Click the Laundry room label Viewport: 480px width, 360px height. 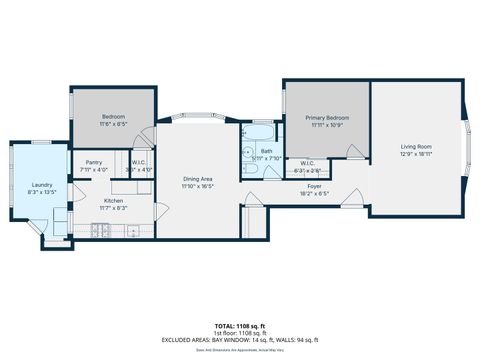tap(42, 185)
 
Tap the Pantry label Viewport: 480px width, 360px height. tap(95, 162)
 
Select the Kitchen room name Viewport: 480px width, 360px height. tap(114, 200)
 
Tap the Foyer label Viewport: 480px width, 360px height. tap(314, 186)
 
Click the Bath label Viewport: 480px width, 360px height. tap(266, 151)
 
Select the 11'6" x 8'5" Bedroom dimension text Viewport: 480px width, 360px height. tap(113, 124)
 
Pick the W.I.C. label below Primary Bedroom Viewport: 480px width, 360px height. tap(308, 163)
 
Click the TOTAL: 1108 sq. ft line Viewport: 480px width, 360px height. tap(239, 326)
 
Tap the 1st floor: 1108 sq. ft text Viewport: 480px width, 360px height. tap(239, 333)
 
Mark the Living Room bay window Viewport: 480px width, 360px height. tap(466, 148)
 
